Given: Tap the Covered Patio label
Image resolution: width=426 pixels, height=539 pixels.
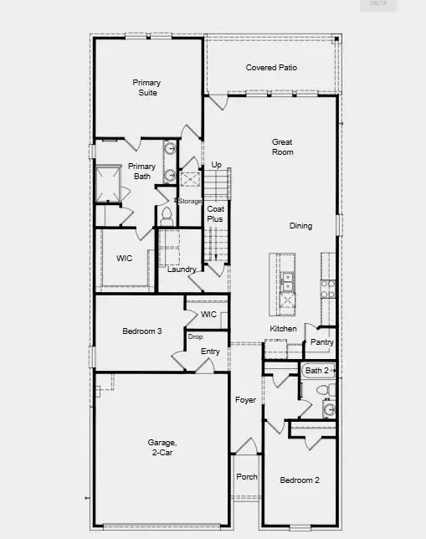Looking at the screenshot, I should [x=271, y=68].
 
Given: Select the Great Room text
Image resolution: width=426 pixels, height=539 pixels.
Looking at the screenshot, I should [x=282, y=147].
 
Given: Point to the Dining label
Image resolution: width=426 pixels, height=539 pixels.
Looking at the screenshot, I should [x=300, y=226].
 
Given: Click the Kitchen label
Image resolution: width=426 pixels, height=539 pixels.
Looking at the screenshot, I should [x=283, y=329].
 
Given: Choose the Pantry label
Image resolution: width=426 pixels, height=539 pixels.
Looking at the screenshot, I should [x=322, y=342].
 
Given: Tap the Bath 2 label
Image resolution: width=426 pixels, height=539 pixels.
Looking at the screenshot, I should [x=317, y=370].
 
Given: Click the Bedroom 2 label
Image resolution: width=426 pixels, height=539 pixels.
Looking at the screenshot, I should [x=299, y=480].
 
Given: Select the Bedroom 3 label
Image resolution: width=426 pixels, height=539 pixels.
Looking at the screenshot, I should [x=142, y=331].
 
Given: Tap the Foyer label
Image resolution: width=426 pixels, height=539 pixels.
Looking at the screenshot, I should [x=245, y=400].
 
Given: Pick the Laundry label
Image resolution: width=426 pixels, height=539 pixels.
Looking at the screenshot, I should [x=182, y=269].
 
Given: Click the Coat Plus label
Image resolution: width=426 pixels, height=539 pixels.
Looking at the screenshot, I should [x=215, y=213].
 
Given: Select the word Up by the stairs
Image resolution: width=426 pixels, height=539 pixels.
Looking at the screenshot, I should [x=216, y=165].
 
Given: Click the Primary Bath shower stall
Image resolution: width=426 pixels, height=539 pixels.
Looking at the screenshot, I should [x=108, y=184].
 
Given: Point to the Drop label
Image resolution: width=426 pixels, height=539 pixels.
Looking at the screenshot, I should [x=195, y=336].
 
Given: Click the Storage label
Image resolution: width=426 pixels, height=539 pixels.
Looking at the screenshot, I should [x=190, y=201].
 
